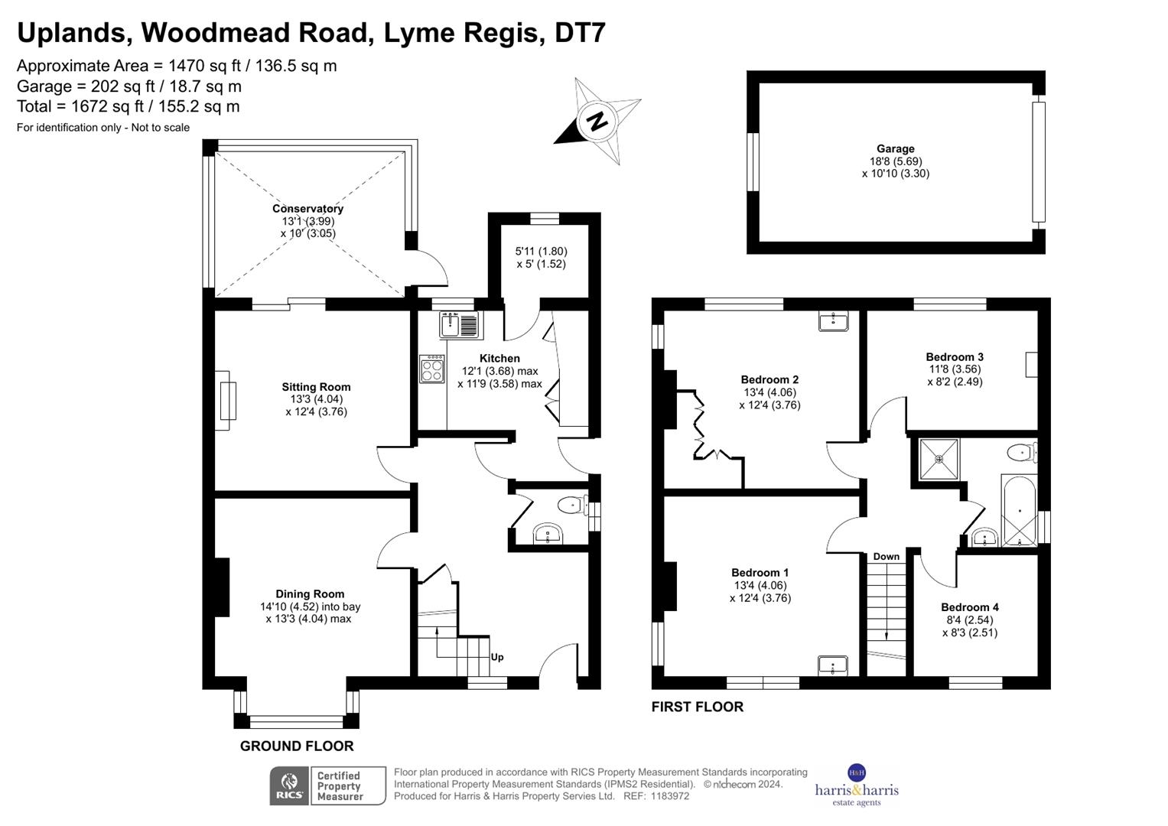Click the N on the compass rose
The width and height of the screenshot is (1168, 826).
point(597,121)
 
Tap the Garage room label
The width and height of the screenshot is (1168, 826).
point(895,149)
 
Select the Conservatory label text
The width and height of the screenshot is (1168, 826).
point(307,209)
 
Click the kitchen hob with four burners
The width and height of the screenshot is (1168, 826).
point(431,370)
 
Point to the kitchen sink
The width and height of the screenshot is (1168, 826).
point(458,324)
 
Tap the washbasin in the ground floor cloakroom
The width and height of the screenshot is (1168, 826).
point(548,534)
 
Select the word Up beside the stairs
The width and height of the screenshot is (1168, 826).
point(497,657)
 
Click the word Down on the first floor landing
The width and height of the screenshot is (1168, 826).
point(886,557)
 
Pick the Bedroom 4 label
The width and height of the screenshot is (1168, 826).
point(969,607)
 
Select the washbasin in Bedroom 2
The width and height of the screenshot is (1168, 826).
point(832,321)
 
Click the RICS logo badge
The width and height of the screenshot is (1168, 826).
point(289,785)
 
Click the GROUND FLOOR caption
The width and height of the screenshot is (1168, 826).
point(297,746)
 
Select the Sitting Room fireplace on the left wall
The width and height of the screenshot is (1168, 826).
point(226,400)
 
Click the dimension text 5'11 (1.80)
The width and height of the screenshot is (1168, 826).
point(541,251)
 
